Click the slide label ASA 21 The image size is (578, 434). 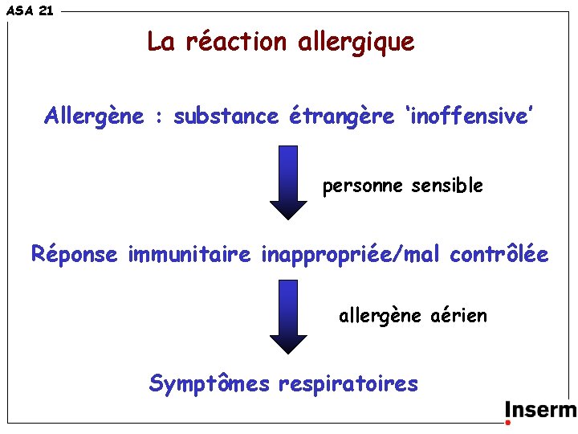point(30,10)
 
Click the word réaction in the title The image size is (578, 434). point(235,41)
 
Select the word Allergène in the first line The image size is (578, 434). point(95,117)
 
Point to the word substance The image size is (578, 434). point(226,117)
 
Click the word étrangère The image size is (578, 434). point(342,117)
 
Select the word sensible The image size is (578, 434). point(447,186)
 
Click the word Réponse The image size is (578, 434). point(75,256)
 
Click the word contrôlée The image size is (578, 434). point(499,255)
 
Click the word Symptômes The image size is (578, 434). point(210,384)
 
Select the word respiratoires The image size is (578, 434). point(348,384)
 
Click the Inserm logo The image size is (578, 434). point(540,410)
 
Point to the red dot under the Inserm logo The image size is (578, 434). point(508,422)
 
